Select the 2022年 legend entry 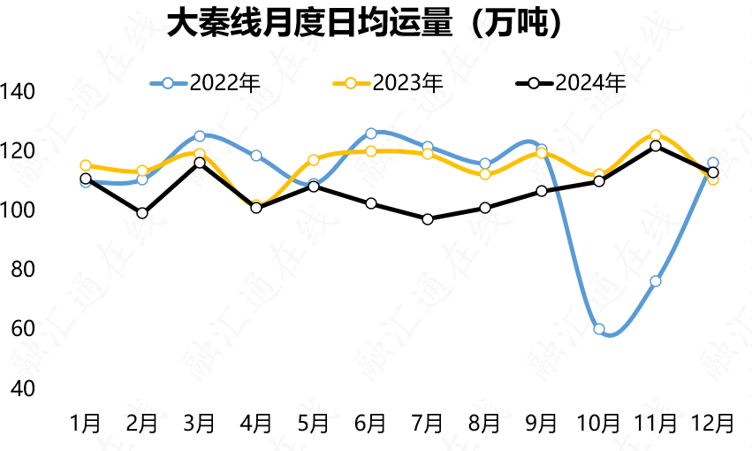coord(209,83)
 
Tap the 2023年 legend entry coord(390,83)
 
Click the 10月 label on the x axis coord(598,423)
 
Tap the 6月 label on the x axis coord(370,423)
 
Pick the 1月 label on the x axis coord(86,423)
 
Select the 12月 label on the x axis coord(712,423)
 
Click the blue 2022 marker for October coord(599,329)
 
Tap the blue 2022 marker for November coord(656,281)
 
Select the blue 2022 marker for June coord(371,134)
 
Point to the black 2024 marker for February coord(142,213)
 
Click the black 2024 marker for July coord(428,218)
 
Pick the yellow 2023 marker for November coord(656,135)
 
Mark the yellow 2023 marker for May coord(314,160)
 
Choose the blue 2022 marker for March coord(200,136)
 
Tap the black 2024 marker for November coord(656,146)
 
